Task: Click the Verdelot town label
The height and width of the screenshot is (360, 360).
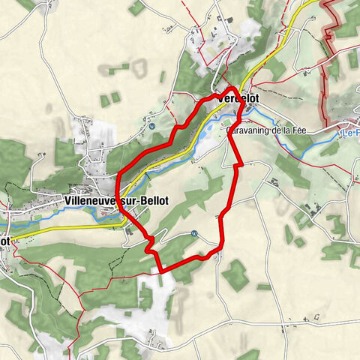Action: point(241,98)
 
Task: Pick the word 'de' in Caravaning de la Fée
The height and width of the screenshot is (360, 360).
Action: point(282,129)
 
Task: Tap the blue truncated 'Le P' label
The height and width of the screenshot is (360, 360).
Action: point(350,133)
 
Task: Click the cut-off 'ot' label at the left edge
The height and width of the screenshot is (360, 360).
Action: point(4,241)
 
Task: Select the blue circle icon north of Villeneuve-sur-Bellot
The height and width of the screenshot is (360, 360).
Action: point(151,126)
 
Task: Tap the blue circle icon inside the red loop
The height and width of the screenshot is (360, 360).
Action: point(193,233)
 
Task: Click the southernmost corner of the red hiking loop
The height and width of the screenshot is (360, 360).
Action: point(162,269)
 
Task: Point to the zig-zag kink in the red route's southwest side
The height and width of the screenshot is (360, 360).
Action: point(149,241)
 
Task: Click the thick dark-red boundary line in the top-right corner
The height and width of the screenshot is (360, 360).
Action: point(327,45)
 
